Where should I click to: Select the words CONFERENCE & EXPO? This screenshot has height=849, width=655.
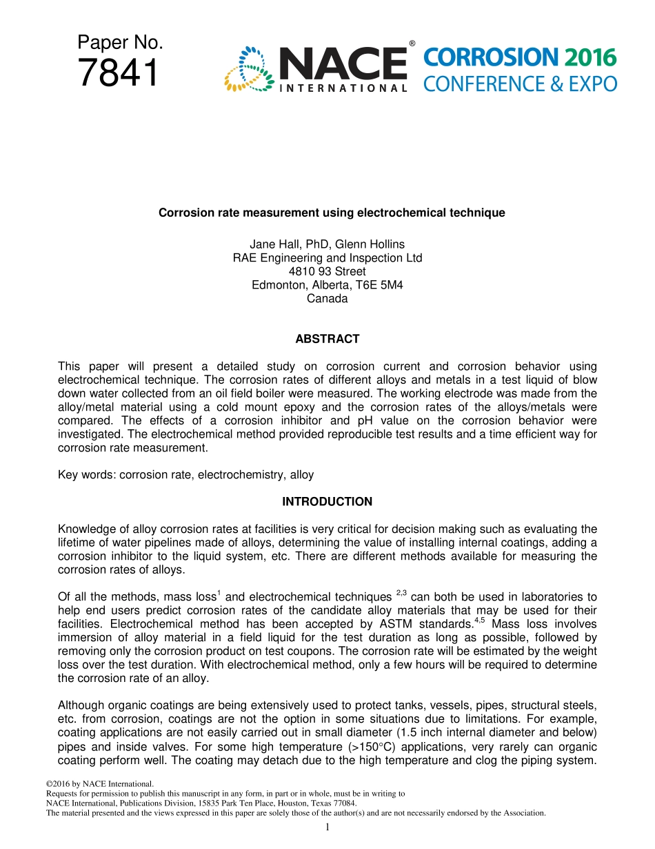click(x=520, y=84)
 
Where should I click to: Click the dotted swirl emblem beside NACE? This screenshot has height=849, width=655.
click(x=248, y=69)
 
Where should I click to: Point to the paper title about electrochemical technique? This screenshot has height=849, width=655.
click(x=332, y=213)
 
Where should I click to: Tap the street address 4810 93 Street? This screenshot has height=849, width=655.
click(x=327, y=271)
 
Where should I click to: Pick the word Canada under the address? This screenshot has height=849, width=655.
click(x=327, y=299)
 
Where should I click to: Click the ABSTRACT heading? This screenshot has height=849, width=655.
click(x=327, y=339)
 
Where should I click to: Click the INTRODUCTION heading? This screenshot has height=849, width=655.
click(x=327, y=502)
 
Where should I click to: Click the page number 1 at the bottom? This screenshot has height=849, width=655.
click(x=328, y=827)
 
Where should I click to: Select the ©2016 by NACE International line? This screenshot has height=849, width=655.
click(x=99, y=783)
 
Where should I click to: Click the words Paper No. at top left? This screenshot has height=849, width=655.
click(x=120, y=43)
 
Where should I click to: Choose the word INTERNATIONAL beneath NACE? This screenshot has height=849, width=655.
click(x=342, y=88)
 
